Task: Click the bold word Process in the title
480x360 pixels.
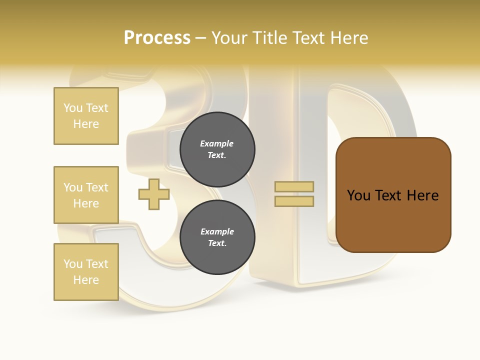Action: (157, 38)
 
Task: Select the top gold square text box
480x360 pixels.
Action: (86, 116)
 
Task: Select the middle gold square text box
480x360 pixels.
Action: (86, 195)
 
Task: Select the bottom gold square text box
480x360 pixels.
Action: (86, 272)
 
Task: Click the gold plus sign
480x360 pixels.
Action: (154, 194)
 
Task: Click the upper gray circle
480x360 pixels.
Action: (217, 149)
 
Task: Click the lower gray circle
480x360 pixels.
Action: (217, 237)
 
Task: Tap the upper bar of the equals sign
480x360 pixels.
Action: (294, 186)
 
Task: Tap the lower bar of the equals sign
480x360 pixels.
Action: (294, 201)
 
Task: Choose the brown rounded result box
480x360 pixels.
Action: (393, 195)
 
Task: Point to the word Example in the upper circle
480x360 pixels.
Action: (217, 143)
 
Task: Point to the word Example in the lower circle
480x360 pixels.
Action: (217, 231)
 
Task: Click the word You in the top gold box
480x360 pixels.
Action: (73, 108)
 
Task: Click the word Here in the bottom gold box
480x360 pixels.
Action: (86, 280)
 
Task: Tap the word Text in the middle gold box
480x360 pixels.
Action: (97, 187)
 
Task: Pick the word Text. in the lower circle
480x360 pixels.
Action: (217, 243)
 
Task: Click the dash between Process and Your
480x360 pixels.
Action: (201, 38)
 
